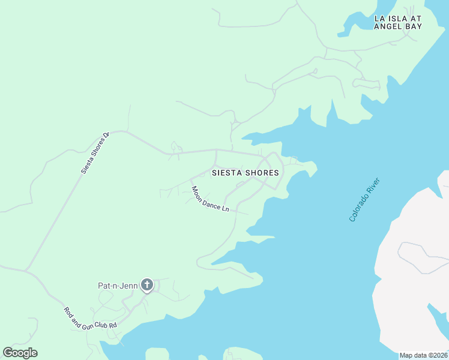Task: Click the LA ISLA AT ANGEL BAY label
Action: pos(398,23)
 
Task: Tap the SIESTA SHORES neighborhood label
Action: pos(246,173)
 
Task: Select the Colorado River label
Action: pos(365,200)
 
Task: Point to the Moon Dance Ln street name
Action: pos(210,199)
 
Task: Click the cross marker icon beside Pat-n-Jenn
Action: pos(146,285)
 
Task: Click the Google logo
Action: pos(20,353)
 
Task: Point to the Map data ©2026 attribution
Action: pos(423,355)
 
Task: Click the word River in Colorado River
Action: pos(373,188)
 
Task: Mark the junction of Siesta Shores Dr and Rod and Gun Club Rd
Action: pos(26,269)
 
